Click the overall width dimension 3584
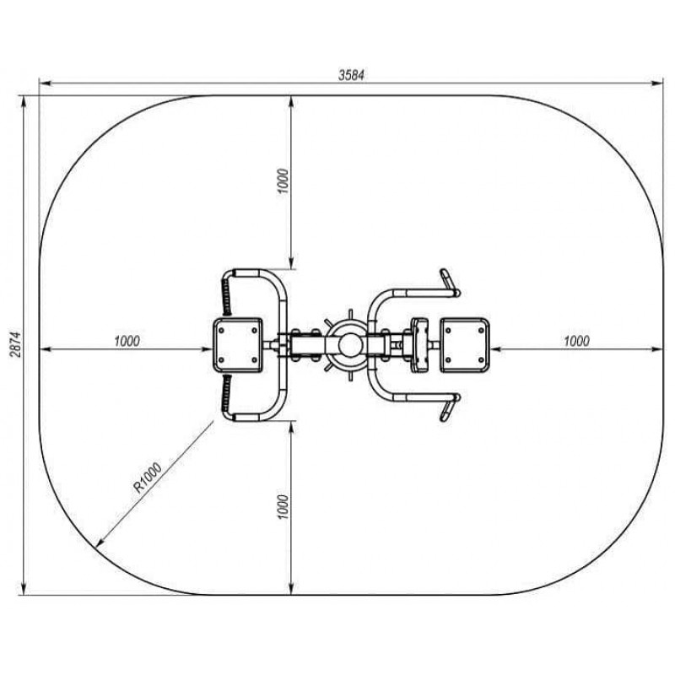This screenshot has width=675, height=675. coord(351,75)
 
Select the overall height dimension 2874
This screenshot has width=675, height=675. coord(16,344)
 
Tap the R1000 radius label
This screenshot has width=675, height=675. coord(148,478)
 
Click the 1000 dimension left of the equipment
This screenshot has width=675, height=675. coord(127,341)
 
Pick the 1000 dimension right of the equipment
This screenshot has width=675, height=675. coord(576,341)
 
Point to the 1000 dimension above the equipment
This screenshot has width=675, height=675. coord(283,181)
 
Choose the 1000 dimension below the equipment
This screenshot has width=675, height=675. coord(283,507)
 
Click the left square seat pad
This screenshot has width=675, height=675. coord(238,345)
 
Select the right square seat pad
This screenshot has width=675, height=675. coord(465,345)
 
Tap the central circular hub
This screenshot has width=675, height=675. coord(351,345)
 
